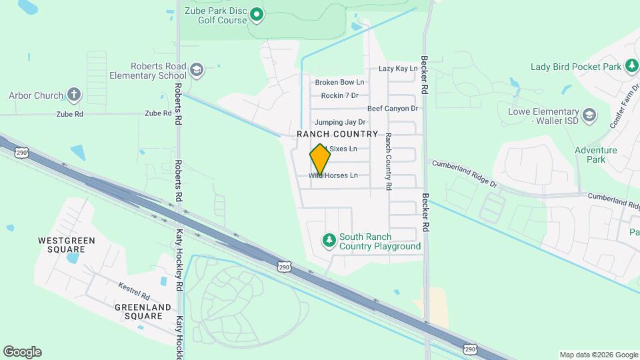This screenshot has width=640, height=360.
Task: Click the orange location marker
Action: [320, 159]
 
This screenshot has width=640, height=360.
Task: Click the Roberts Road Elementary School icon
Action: [197, 69]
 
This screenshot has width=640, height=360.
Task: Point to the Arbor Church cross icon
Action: [74, 95]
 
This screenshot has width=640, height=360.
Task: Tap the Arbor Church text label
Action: [36, 95]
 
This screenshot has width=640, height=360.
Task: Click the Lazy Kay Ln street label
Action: [397, 69]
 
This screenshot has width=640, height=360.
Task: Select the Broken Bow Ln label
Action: [339, 82]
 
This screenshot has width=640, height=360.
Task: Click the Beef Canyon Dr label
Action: [392, 108]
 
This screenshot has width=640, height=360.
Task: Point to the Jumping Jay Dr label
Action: [340, 122]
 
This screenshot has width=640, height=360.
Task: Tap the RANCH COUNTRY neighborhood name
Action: [337, 134]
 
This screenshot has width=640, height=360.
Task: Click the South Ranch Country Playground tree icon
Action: [328, 239]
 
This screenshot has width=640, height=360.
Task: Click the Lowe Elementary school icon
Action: [589, 115]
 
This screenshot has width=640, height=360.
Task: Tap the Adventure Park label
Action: [595, 155]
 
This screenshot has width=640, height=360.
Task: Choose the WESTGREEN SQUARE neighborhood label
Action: [66, 245]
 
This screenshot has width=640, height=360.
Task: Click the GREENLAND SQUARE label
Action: [143, 311]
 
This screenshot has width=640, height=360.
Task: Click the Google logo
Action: [22, 352]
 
